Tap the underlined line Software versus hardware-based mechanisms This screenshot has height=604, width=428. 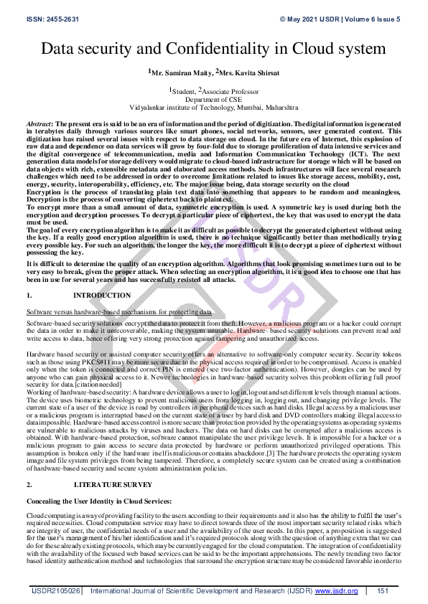[118, 312]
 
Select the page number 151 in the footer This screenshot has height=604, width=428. [383, 590]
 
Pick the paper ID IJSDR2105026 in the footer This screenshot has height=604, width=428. [55, 590]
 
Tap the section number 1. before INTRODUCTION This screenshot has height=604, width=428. [29, 296]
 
